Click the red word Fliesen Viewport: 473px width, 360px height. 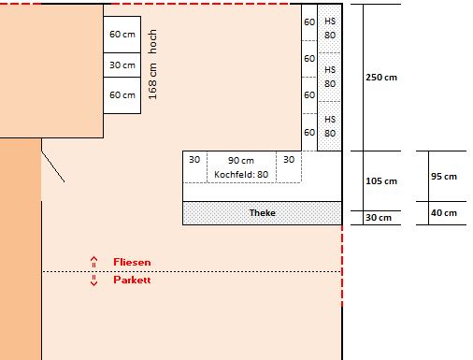tap(132, 262)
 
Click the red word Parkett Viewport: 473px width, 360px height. tap(132, 280)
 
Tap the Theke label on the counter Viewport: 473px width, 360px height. tap(263, 213)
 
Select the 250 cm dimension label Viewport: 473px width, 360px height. tap(381, 78)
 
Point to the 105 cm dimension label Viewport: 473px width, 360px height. tap(381, 181)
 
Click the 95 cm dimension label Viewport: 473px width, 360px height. tap(444, 177)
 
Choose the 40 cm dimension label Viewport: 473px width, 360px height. tap(444, 213)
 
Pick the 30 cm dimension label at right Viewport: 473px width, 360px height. tap(379, 218)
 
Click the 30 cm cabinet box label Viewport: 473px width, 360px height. tap(122, 65)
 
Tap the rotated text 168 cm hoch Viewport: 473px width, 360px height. tap(152, 65)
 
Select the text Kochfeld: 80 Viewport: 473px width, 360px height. tap(241, 175)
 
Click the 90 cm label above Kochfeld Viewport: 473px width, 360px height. tap(241, 161)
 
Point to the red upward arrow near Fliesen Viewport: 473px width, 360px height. tap(93, 262)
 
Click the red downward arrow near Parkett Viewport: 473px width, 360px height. tap(93, 281)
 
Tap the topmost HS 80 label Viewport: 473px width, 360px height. tap(330, 28)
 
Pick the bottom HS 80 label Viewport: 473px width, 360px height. tap(330, 126)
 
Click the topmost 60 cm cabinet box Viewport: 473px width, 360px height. tap(122, 35)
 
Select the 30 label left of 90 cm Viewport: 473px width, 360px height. tap(194, 160)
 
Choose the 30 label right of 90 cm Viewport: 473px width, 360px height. tap(289, 160)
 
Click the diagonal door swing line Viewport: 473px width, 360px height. tap(53, 166)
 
